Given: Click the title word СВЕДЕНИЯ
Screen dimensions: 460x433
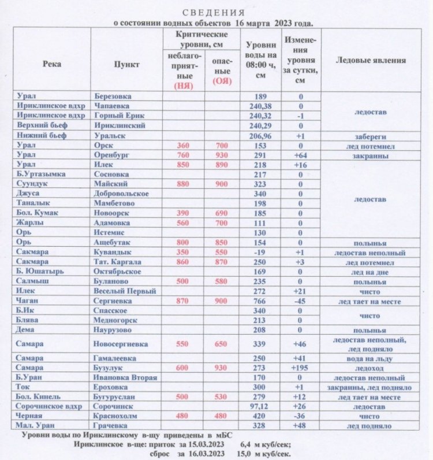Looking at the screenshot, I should pos(214,13).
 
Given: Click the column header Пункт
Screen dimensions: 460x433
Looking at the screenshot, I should pos(126,64).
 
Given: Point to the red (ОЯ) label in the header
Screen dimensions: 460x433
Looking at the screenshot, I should pos(222,81).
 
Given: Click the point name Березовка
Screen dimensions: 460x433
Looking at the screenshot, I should pos(112,96).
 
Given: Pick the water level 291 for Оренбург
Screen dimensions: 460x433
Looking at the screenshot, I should pos(261,155).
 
